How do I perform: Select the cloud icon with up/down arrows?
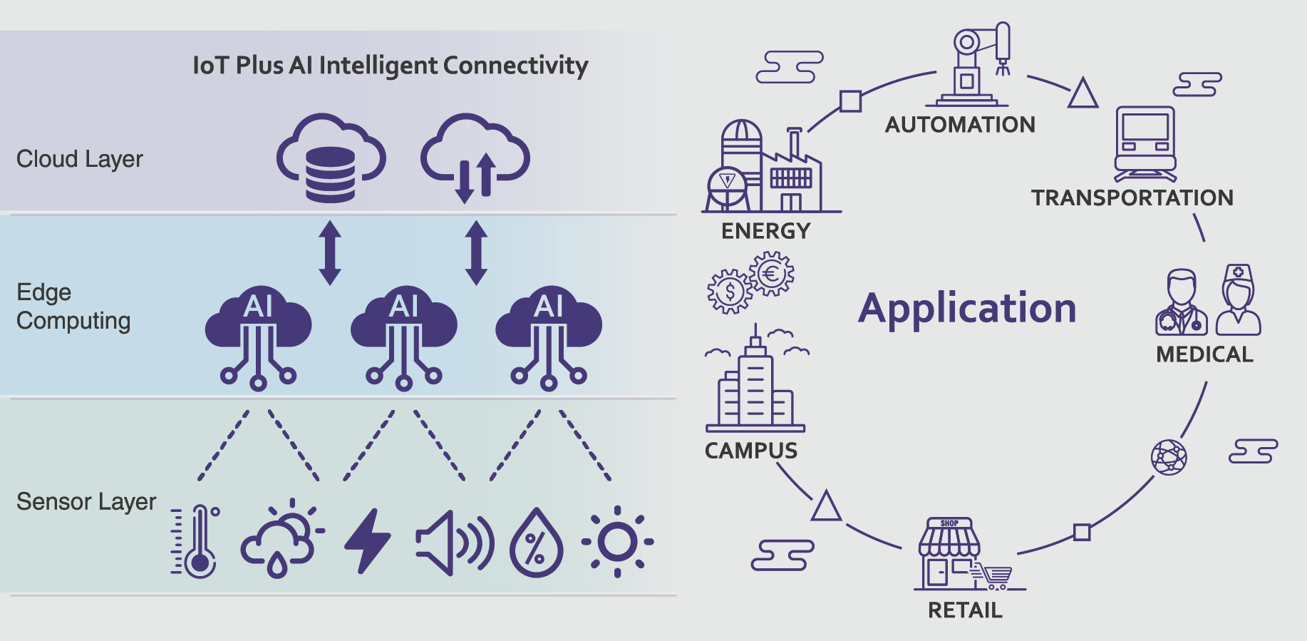[x=475, y=158]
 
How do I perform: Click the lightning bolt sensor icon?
[x=368, y=540]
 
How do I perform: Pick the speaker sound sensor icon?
[x=454, y=543]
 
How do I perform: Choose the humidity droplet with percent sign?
[x=537, y=543]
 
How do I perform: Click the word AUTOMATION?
[x=960, y=125]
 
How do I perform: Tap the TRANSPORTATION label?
[x=1132, y=198]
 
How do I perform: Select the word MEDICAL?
[x=1204, y=354]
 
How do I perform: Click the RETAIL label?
[x=965, y=610]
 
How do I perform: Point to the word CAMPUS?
[x=751, y=451]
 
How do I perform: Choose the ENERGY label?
[x=765, y=231]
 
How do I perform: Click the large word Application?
[x=967, y=309]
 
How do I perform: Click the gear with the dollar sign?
[x=729, y=291]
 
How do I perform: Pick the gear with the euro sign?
[x=772, y=273]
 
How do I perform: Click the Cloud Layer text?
[x=80, y=159]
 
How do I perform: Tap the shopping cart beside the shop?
[x=995, y=577]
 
